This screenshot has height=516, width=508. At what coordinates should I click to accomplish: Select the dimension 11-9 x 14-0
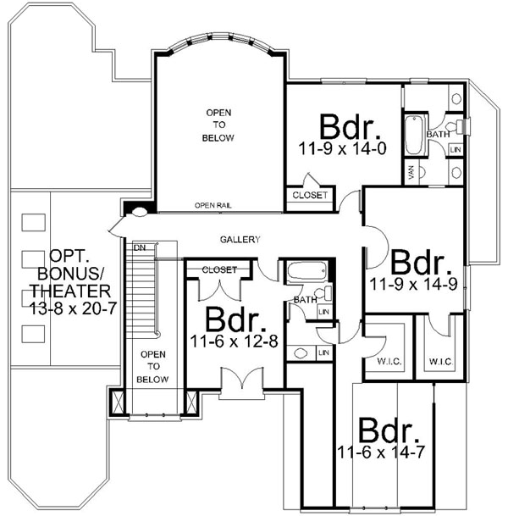click(x=342, y=150)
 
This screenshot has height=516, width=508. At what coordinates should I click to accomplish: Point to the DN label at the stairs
click(x=140, y=247)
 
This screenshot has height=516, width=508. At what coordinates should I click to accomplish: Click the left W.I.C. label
click(x=379, y=362)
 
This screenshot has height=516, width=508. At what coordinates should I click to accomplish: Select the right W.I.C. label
click(x=442, y=361)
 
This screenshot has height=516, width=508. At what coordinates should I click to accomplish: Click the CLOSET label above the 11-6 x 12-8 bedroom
click(x=218, y=270)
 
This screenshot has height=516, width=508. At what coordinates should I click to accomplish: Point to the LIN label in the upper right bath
click(x=456, y=150)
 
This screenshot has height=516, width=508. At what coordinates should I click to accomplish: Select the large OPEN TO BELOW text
click(x=218, y=125)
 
